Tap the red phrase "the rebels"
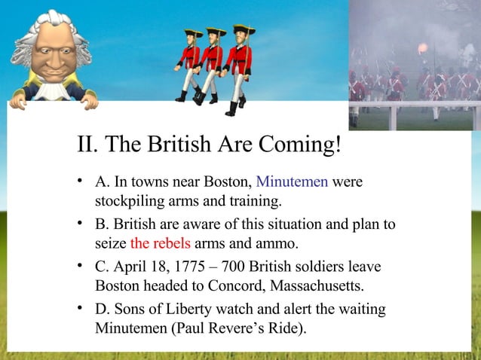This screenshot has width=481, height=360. pos(161,243)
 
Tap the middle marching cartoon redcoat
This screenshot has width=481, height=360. pos(213,66)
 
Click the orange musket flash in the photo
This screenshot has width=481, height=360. pos(422,48)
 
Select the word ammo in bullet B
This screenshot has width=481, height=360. pos(277,243)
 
